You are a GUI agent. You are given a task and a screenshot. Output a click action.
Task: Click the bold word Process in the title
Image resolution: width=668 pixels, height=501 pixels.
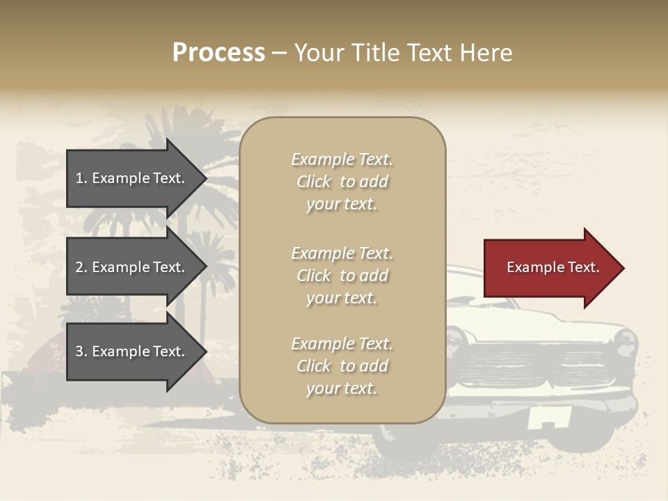(218, 53)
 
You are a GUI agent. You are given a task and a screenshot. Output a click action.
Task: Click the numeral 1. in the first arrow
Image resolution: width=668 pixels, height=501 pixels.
(81, 178)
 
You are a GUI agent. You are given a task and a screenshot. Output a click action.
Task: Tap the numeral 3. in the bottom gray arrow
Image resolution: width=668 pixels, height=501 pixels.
(81, 351)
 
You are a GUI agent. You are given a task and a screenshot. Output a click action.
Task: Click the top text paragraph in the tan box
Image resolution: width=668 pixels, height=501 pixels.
(342, 182)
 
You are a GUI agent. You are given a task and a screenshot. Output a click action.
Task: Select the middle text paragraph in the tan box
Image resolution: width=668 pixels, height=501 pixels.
(342, 276)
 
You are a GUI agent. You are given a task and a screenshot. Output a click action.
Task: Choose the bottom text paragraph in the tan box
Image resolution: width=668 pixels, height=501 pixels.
(342, 366)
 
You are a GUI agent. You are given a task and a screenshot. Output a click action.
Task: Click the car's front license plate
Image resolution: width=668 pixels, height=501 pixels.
(549, 417)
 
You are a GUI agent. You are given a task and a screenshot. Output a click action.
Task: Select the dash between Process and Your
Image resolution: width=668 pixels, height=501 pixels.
(279, 54)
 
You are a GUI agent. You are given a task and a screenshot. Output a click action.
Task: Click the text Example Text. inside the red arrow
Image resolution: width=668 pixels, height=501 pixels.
(553, 267)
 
